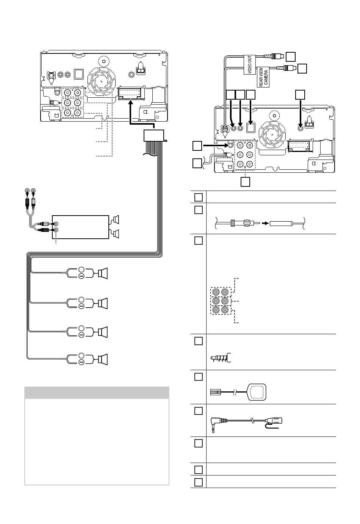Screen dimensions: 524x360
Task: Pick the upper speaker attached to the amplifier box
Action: (x=116, y=219)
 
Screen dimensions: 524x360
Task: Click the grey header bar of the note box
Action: (x=97, y=393)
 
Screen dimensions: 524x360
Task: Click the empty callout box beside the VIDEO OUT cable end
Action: (x=290, y=56)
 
